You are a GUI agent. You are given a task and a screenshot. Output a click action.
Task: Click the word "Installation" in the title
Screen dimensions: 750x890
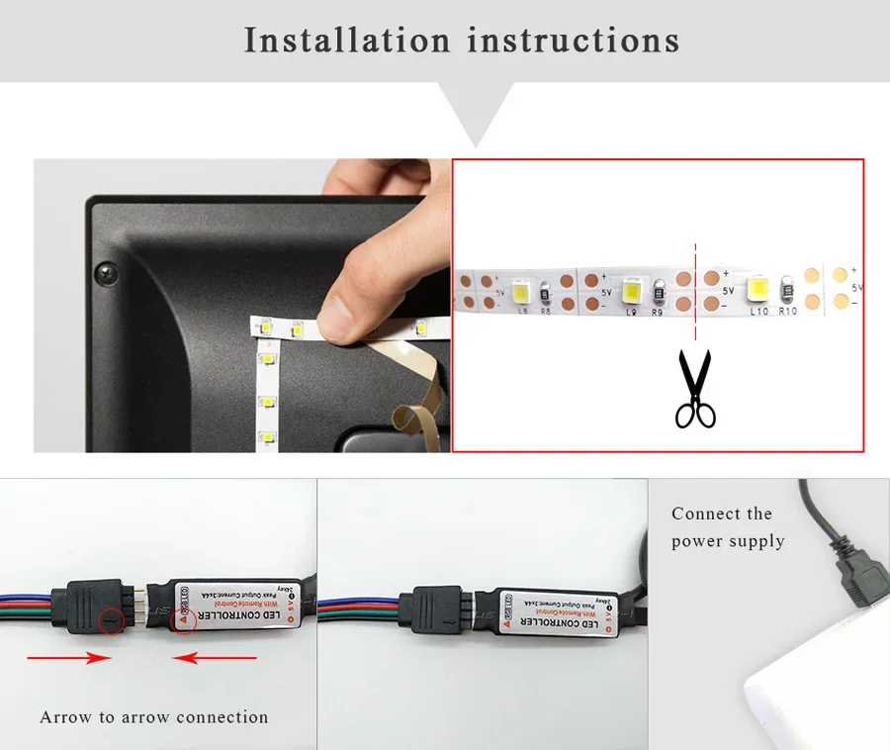pos(346,41)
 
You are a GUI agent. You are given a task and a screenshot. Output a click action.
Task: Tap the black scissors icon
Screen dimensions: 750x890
pos(695,390)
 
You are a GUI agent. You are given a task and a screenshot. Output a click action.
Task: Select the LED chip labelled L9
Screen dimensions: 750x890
pos(631,290)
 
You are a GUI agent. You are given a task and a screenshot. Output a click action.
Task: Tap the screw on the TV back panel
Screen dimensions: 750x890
pos(102,271)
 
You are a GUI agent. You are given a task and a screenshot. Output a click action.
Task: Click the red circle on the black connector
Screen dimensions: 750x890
pos(113,621)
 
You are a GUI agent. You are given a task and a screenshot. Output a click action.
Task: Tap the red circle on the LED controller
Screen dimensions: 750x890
pos(181,620)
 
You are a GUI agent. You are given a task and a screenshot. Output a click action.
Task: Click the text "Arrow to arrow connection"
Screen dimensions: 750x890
pos(154,716)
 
